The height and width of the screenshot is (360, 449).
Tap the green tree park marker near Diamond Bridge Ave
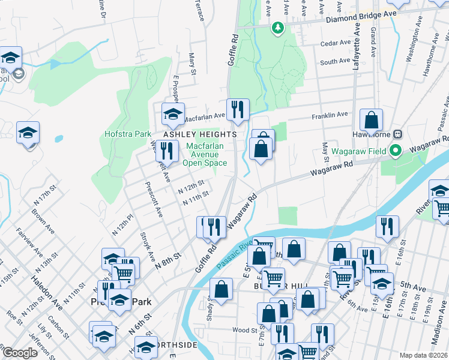(277, 27)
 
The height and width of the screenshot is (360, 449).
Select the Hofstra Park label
(127, 134)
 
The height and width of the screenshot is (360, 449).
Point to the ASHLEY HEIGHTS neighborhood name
(196, 134)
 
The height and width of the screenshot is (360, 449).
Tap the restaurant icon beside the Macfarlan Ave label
(238, 109)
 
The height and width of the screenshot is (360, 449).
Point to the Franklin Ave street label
(329, 115)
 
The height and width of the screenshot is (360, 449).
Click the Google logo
(20, 353)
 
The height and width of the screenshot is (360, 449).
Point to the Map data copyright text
(423, 355)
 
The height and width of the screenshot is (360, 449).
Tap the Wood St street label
(244, 329)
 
